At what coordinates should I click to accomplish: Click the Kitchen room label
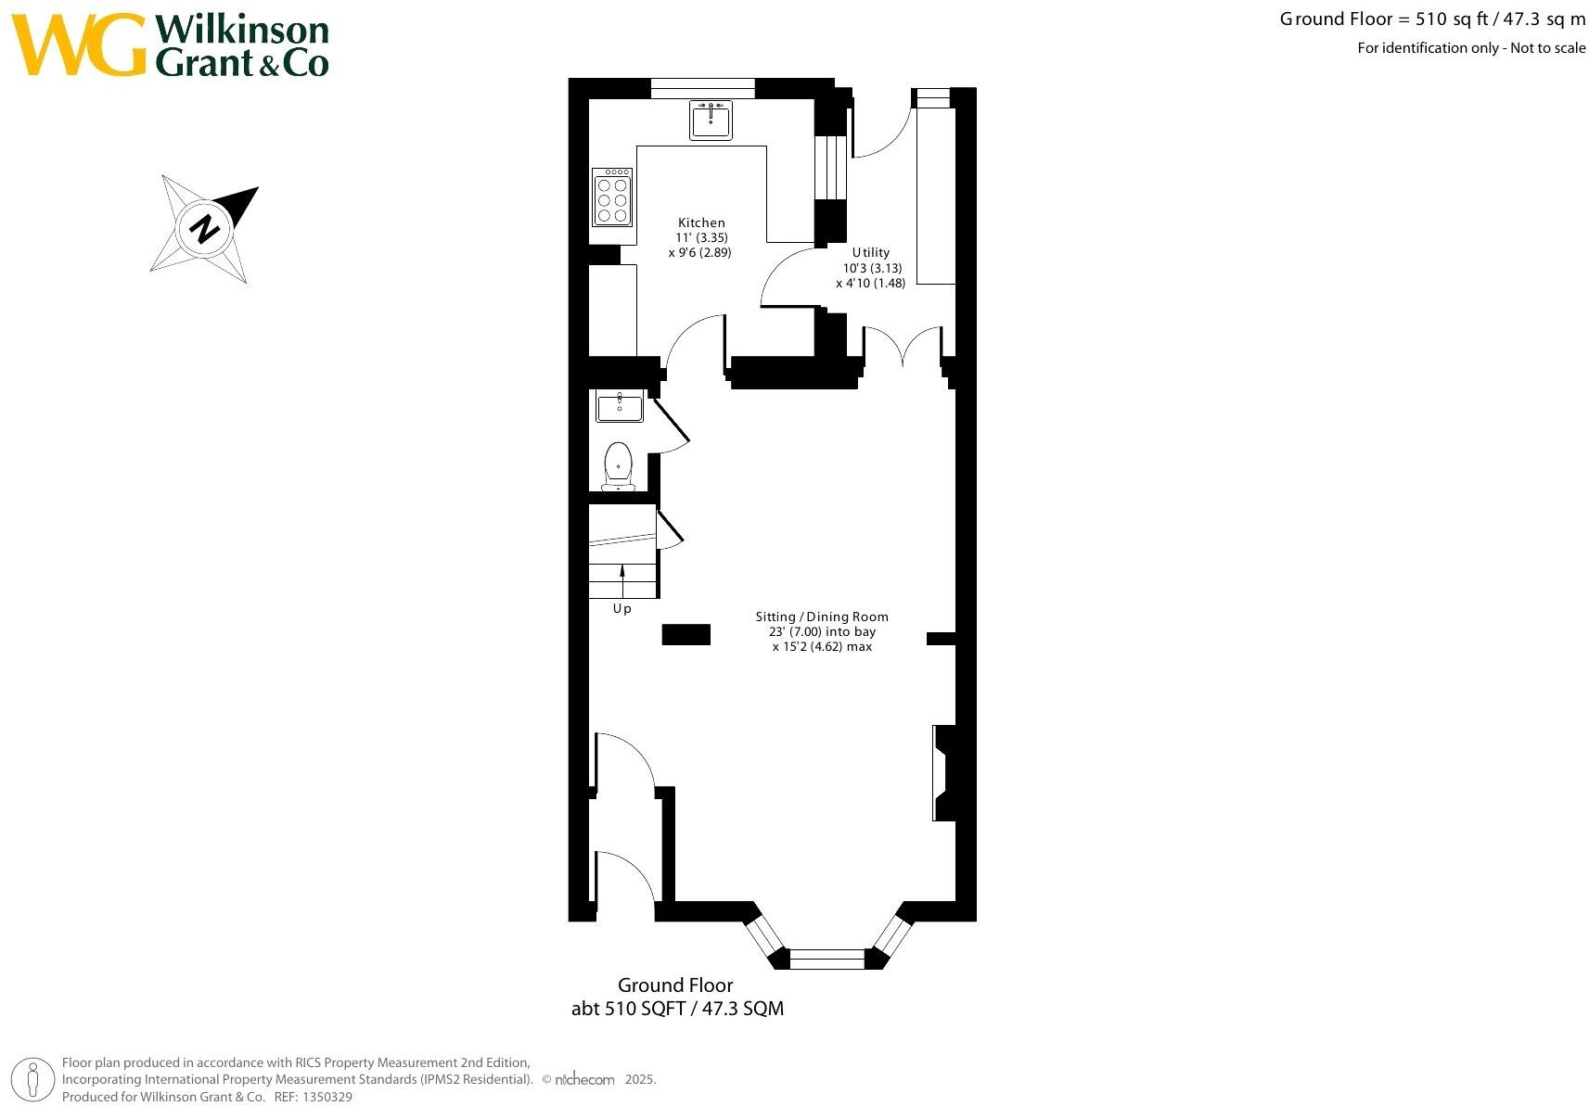[x=701, y=222]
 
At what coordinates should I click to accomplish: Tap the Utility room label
[x=870, y=252]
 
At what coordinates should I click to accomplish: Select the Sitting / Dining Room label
[x=821, y=617]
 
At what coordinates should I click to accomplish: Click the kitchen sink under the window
[x=711, y=120]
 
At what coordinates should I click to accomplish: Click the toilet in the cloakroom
[x=618, y=464]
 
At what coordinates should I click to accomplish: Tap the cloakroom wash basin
[x=620, y=406]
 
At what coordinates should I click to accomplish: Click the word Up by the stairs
[x=622, y=609]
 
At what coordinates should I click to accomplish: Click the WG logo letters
[x=79, y=44]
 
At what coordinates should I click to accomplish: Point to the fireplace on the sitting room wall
[x=944, y=773]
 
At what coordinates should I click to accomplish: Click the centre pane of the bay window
[x=827, y=959]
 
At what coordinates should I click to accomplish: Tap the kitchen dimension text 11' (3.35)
[x=701, y=237]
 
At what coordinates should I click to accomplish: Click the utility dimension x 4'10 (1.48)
[x=870, y=283]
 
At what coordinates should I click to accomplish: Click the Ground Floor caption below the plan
[x=675, y=985]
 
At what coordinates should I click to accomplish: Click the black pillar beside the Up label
[x=686, y=634]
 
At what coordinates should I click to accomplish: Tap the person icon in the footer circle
[x=34, y=1080]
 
